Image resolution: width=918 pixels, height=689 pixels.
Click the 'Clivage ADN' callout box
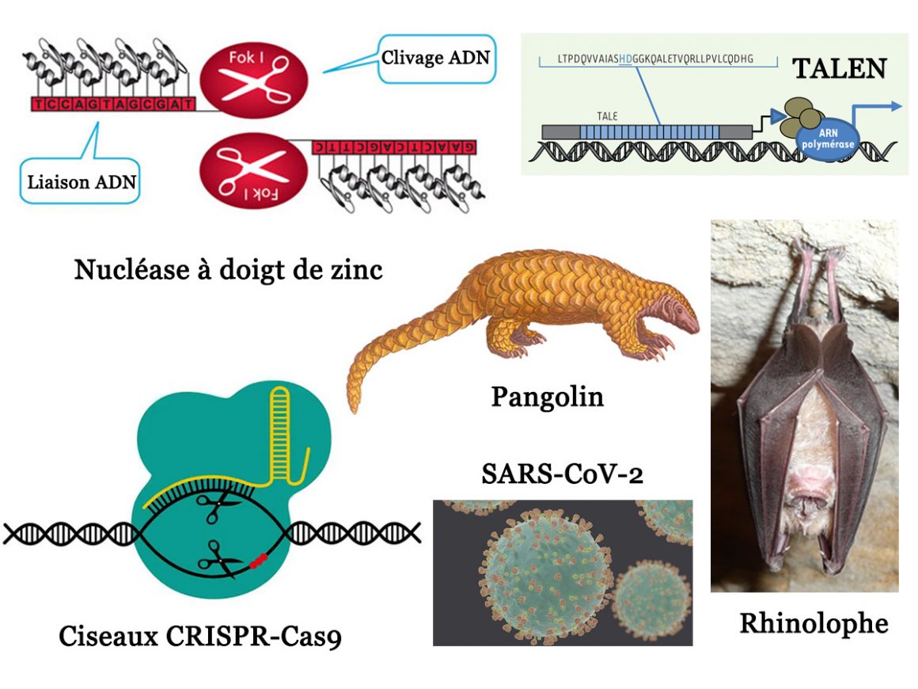click(436, 58)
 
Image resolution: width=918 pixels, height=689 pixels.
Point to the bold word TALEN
click(839, 69)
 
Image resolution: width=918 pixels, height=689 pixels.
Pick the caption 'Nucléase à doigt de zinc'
click(228, 270)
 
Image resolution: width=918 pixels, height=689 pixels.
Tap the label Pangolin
click(547, 395)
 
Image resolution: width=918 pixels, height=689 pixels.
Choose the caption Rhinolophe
click(814, 623)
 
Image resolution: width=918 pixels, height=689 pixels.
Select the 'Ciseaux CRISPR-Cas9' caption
click(200, 636)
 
